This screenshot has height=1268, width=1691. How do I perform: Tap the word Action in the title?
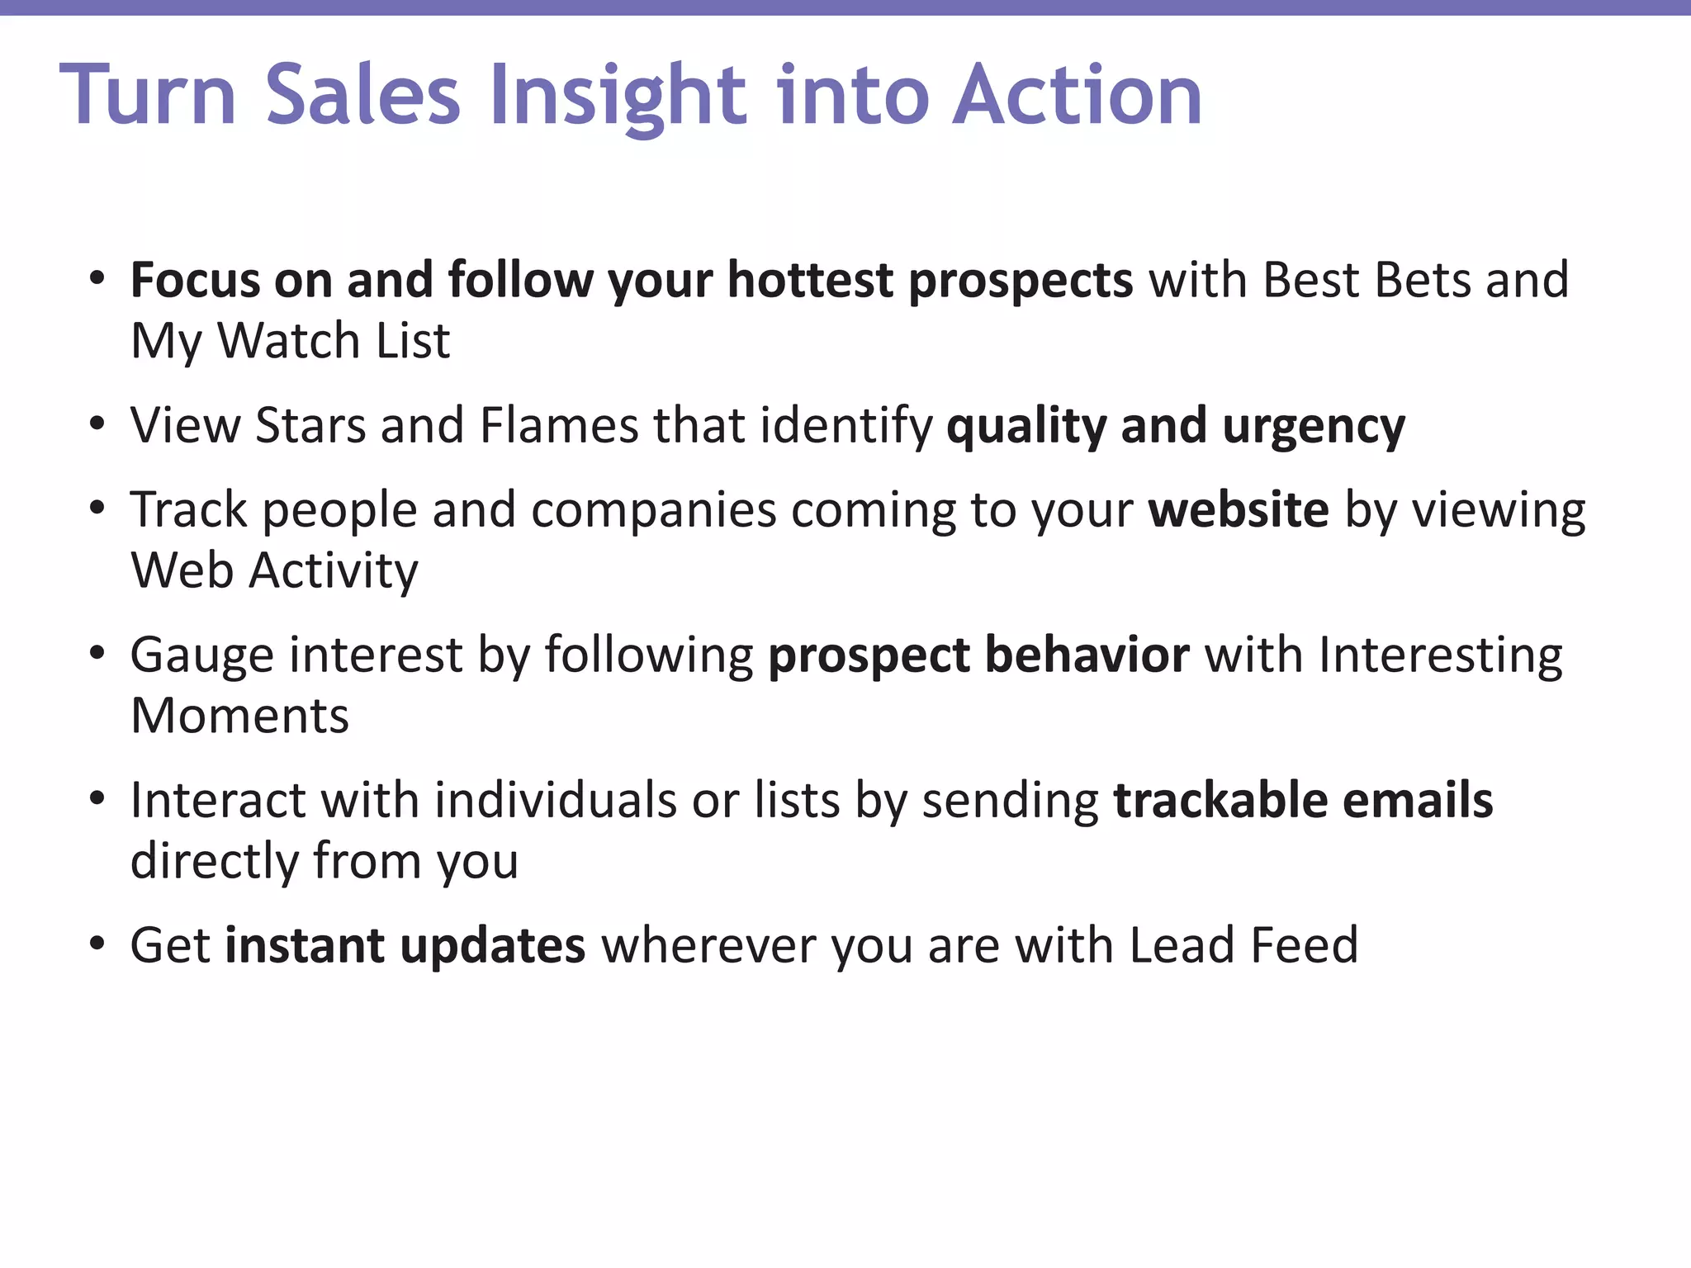coord(1077,96)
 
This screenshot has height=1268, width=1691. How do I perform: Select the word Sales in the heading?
coord(363,96)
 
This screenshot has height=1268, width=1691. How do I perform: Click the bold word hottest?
coord(810,281)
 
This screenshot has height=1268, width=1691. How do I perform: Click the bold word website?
coord(1239,510)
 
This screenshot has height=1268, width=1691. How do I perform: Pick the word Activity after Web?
coord(334,571)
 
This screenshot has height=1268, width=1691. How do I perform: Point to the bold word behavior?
coord(1087,655)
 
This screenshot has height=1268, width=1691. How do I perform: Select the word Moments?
coord(239,716)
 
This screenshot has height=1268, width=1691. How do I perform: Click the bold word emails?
coord(1418,801)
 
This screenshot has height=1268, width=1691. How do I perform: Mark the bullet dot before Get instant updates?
coord(97,944)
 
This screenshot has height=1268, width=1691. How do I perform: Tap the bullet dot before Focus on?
coord(97,279)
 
